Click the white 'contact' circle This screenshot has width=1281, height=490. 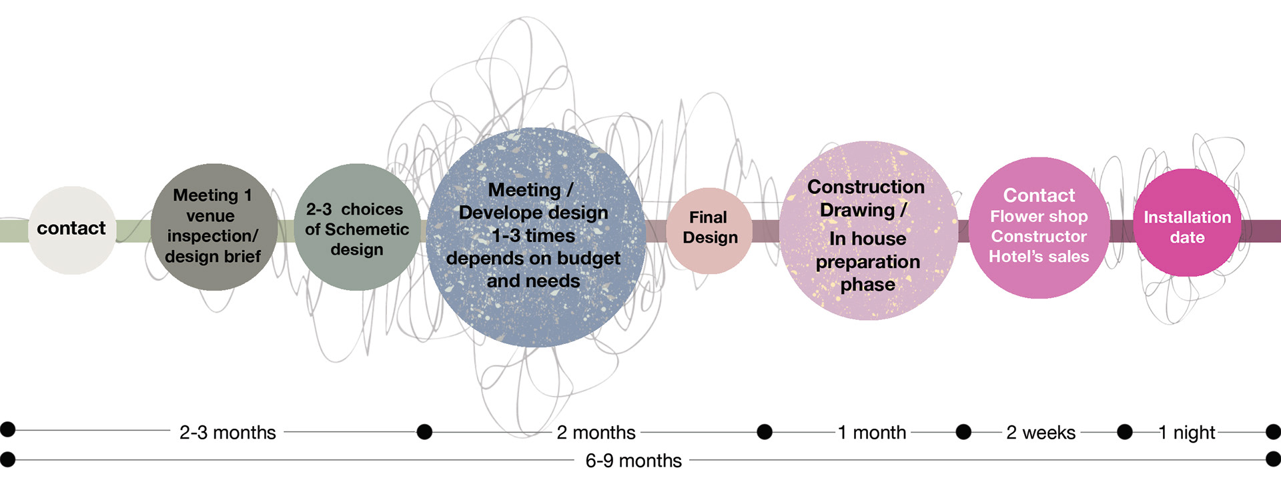[x=72, y=229]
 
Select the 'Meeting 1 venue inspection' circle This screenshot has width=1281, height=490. [x=213, y=227]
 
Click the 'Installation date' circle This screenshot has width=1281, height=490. [x=1187, y=223]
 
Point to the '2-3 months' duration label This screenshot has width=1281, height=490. [x=228, y=433]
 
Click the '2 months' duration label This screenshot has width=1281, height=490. [x=596, y=433]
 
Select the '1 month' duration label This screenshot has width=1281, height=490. [x=872, y=433]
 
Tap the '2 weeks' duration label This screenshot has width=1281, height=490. [x=1041, y=433]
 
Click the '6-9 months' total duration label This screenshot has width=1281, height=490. [x=633, y=461]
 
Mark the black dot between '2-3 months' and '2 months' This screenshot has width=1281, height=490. [x=424, y=432]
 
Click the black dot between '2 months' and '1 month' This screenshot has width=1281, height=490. [x=765, y=432]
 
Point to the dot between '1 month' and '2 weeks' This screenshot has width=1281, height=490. [x=963, y=432]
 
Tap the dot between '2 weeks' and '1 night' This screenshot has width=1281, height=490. [x=1125, y=432]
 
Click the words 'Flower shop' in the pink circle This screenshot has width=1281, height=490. [x=1039, y=217]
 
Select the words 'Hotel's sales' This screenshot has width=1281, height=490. [x=1039, y=257]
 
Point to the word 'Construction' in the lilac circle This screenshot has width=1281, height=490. [x=866, y=187]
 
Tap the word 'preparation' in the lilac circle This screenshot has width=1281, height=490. [x=867, y=262]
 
